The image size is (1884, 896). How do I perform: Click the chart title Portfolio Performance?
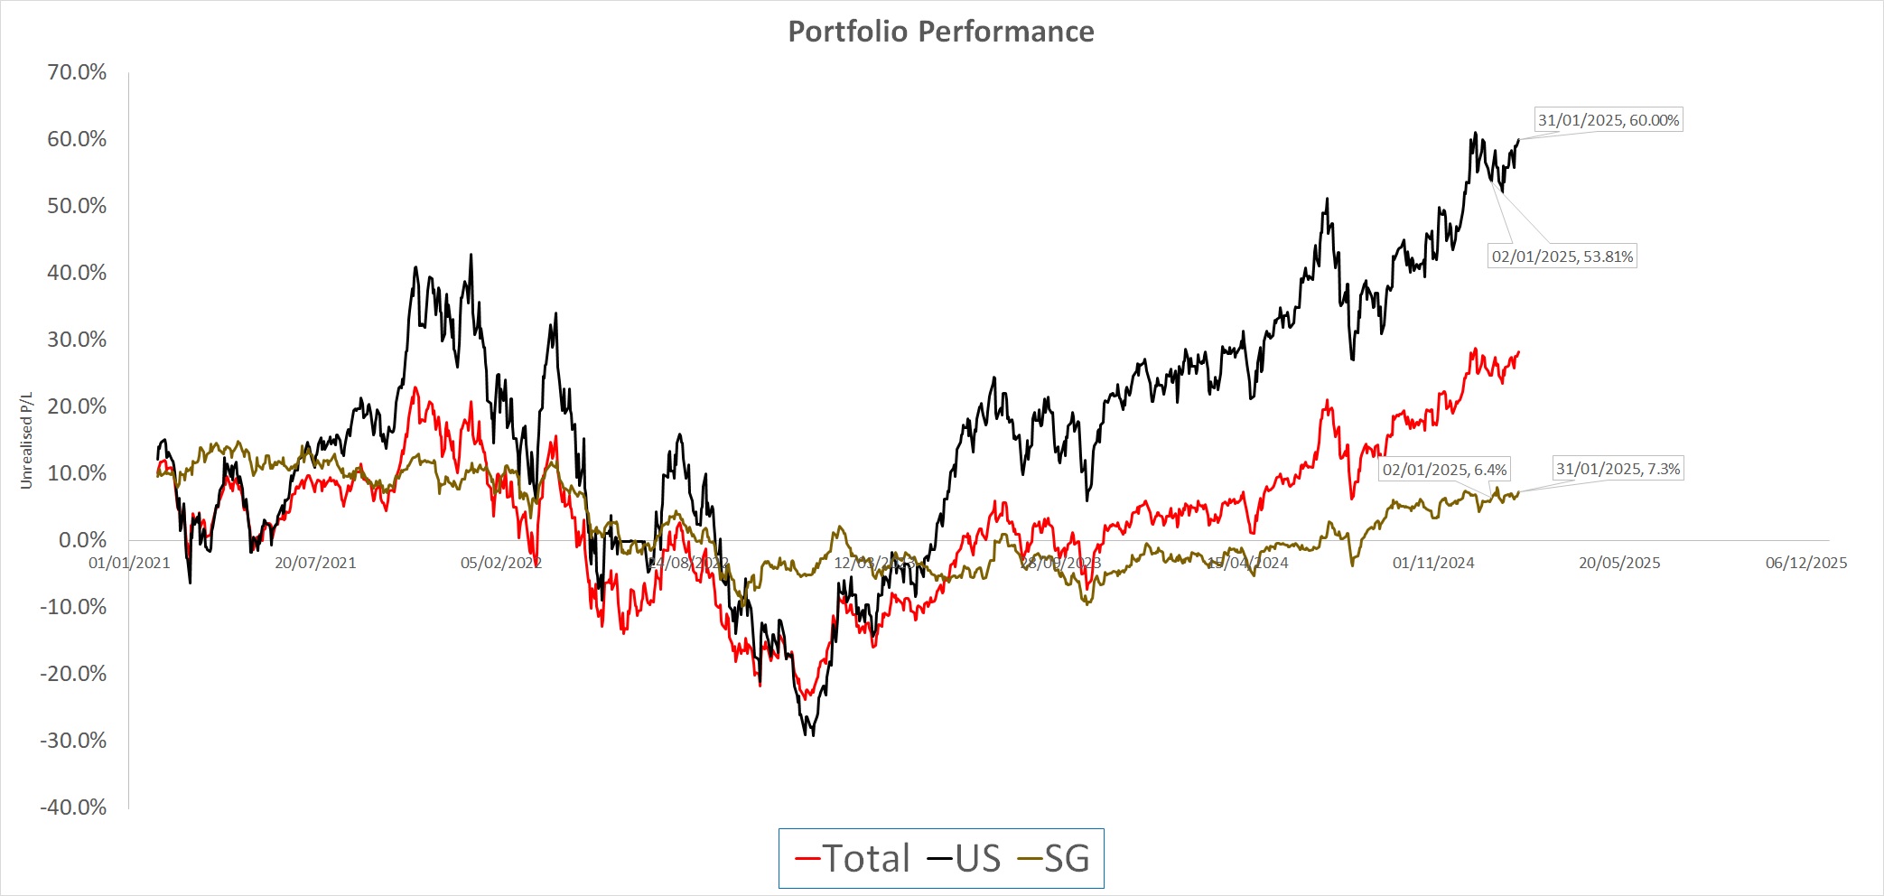click(x=941, y=32)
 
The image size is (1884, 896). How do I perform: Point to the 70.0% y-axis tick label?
click(x=77, y=72)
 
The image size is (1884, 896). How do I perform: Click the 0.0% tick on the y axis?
click(x=82, y=540)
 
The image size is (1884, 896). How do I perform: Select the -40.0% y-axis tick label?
click(x=73, y=807)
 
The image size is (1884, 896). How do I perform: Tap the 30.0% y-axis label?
click(x=77, y=340)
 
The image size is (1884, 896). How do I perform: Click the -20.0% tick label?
click(x=73, y=674)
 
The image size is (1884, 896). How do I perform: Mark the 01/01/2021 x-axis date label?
click(x=129, y=563)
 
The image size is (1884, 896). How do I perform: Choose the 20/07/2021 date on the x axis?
click(x=315, y=563)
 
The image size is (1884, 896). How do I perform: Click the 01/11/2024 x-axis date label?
click(x=1433, y=563)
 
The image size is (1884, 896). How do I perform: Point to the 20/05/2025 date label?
click(x=1619, y=563)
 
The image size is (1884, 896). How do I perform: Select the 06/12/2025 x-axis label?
click(x=1806, y=563)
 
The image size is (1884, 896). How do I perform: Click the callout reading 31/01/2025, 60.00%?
click(x=1609, y=120)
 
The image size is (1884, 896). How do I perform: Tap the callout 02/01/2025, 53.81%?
click(x=1562, y=257)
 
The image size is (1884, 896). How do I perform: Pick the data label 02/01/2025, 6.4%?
click(x=1445, y=470)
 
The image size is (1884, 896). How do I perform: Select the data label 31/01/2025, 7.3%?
click(x=1618, y=469)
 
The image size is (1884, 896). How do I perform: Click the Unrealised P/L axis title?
click(x=26, y=441)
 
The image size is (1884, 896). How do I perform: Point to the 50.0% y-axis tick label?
click(x=77, y=206)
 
